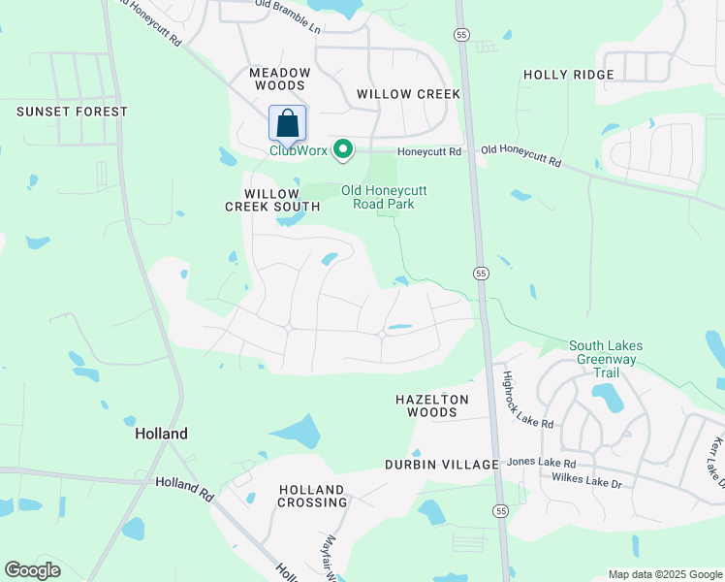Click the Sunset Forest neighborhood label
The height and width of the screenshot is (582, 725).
[x=72, y=112]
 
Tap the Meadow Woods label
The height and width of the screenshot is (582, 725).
[x=280, y=79]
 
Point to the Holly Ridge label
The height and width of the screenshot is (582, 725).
[x=568, y=75]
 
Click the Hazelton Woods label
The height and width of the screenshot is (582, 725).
[x=432, y=405]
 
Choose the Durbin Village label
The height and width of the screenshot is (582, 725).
[x=441, y=465]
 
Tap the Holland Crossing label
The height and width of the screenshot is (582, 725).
[x=313, y=496]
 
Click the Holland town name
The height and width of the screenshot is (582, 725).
[x=161, y=434]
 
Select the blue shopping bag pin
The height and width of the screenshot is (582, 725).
[x=287, y=123]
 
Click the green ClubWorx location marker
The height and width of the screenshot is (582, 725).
[x=342, y=149]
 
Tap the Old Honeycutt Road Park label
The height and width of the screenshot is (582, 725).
[x=384, y=197]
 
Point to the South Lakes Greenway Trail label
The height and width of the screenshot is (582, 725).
[x=606, y=359]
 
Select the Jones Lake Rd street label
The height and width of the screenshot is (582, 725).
[x=541, y=463]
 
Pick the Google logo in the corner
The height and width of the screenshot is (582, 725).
[x=32, y=570]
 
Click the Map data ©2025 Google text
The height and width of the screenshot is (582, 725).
[x=664, y=574]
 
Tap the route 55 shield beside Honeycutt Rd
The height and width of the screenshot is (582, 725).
[x=460, y=33]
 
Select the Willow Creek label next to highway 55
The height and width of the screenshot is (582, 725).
[x=408, y=94]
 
